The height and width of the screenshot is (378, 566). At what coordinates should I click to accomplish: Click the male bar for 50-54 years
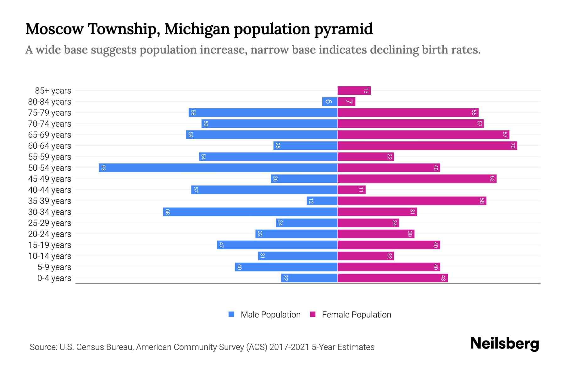pos(218,168)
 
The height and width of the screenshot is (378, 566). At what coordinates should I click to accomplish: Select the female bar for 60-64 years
pos(427,146)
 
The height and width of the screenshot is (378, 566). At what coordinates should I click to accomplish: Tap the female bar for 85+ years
pos(354,90)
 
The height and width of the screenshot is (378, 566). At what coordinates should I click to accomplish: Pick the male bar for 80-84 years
pos(330,101)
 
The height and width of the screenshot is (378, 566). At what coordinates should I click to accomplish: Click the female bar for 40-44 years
pos(352,190)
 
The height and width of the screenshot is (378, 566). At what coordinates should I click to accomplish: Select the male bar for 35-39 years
pos(322,201)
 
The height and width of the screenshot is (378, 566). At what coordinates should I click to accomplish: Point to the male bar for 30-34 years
pos(250,212)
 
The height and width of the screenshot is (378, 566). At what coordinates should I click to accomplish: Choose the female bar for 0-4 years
pos(392,278)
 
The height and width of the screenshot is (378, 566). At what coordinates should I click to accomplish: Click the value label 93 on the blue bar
pos(103,168)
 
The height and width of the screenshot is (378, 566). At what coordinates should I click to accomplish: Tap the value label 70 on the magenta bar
pos(513,146)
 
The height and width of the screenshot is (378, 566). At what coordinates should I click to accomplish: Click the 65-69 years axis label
pos(50,135)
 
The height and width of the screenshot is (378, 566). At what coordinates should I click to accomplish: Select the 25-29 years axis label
pos(50,223)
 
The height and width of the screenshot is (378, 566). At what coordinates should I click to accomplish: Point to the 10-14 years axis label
pos(50,256)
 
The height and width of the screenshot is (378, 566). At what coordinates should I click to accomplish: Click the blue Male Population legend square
pos(231,314)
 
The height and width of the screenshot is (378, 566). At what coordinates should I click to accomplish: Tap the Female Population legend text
pos(356,314)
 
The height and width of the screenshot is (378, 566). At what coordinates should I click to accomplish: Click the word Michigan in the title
pos(197,29)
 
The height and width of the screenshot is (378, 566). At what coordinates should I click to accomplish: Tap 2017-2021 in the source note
pos(289,347)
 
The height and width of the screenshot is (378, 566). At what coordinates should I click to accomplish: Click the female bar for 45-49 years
pos(417,179)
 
